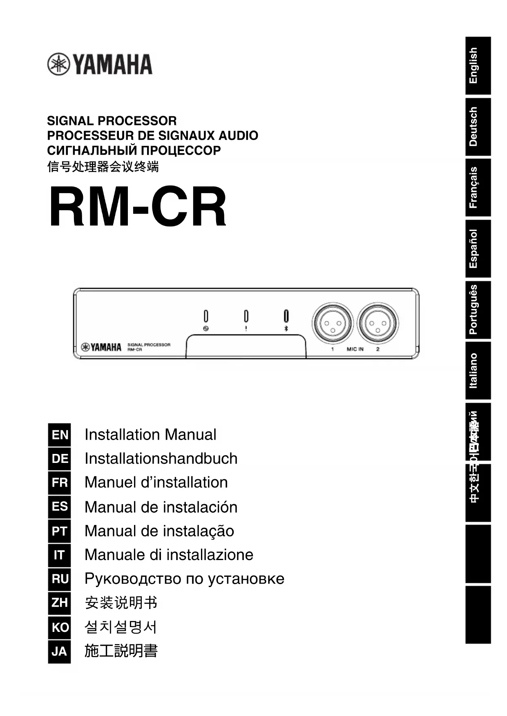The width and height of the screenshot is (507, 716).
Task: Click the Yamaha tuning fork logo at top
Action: (58, 64)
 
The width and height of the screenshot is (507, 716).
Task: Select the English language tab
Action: (478, 66)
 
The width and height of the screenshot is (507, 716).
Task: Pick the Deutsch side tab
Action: (478, 127)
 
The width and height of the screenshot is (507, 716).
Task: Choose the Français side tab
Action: (478, 187)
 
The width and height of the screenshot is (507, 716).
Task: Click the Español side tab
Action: (478, 249)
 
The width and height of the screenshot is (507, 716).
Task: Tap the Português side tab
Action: (478, 309)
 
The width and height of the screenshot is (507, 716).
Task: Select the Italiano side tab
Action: (478, 370)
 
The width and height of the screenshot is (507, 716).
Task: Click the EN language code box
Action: (60, 435)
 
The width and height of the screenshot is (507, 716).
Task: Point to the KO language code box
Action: (60, 627)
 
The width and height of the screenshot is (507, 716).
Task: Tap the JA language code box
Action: (60, 651)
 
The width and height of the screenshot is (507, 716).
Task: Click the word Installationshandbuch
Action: (161, 458)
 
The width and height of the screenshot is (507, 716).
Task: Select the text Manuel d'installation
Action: (156, 483)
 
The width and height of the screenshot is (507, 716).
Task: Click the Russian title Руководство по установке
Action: (184, 579)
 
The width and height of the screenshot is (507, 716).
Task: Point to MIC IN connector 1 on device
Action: (332, 323)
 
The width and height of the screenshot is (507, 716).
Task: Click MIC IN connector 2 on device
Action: (377, 323)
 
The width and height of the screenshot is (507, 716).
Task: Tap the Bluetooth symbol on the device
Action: (286, 329)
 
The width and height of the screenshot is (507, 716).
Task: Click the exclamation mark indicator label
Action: (246, 329)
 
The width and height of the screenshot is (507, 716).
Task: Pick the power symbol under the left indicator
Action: (206, 329)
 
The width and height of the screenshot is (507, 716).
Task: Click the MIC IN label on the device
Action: (355, 349)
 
